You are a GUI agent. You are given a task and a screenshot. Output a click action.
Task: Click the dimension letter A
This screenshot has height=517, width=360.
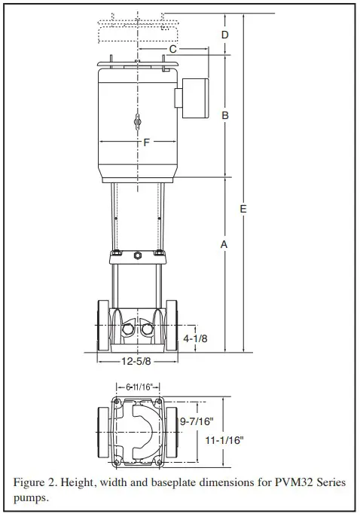(224, 244)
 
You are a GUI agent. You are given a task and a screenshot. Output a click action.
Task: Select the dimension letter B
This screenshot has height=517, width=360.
(224, 115)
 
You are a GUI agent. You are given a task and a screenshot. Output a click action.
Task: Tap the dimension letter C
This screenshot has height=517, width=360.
(172, 49)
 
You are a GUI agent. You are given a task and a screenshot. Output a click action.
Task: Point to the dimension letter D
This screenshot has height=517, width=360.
(224, 35)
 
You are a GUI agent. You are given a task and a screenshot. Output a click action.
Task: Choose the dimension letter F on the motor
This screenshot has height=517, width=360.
(146, 142)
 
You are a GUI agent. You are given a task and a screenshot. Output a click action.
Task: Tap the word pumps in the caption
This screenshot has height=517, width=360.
(32, 498)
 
